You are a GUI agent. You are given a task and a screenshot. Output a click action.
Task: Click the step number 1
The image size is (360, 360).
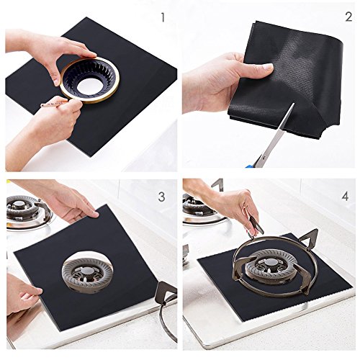click(163, 17)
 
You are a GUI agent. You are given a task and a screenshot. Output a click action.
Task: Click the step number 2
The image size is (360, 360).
click(348, 17)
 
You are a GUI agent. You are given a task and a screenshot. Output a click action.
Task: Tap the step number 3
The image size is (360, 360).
click(161, 197)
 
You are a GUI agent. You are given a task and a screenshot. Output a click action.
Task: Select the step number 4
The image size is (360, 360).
click(345, 197)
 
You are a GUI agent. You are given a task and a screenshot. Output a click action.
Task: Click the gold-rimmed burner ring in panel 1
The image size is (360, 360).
click(89, 80)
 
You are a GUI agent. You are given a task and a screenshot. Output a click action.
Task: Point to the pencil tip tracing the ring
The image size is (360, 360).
click(42, 105)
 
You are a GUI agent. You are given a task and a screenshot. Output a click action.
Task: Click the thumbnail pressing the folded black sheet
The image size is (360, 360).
click(268, 66)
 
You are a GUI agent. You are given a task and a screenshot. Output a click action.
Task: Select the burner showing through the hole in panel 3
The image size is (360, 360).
click(87, 272)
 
